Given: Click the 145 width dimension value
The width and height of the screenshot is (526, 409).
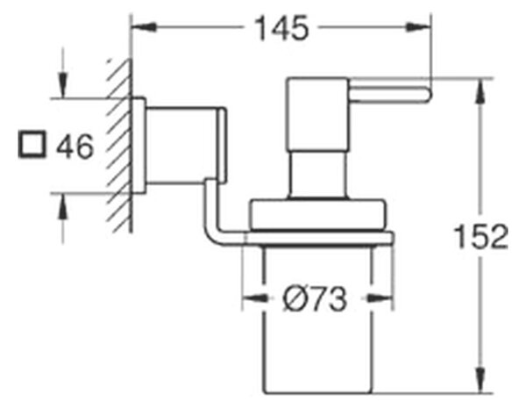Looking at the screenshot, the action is tap(281, 28).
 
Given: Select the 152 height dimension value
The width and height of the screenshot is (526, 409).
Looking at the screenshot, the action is tap(481, 236).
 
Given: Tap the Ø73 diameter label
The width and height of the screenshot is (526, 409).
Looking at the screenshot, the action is tap(315, 299).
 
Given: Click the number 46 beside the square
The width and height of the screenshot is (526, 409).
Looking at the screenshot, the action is tap(75, 147).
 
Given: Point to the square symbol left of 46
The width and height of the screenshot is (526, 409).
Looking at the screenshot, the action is tap(32, 145).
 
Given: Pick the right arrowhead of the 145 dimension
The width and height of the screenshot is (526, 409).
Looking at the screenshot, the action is tap(418, 27).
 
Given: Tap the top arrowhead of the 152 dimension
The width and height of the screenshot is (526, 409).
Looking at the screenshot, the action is tap(480, 91).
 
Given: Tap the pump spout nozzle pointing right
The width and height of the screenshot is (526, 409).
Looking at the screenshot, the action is tap(387, 95).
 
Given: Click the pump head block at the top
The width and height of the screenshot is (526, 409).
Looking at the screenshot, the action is tap(317, 113).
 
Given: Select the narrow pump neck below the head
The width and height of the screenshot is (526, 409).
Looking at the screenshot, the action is tap(317, 174).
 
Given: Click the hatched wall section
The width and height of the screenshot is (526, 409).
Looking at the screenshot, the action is tap(119, 146).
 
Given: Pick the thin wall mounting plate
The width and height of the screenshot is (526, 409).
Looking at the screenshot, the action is tap(139, 146).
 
